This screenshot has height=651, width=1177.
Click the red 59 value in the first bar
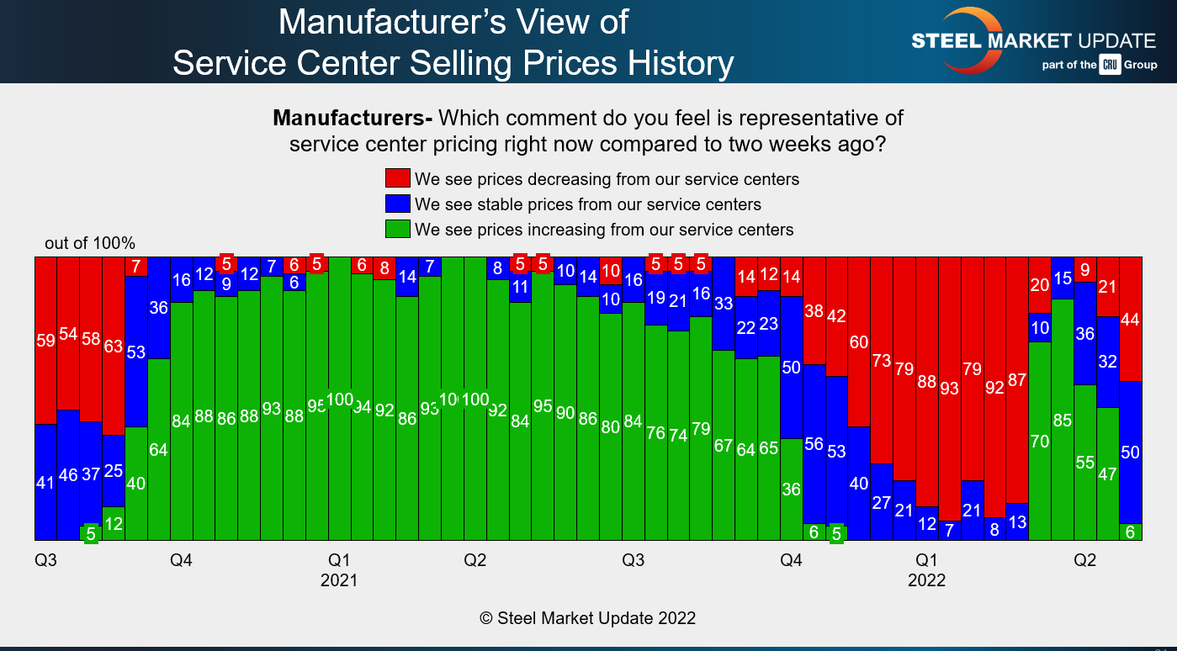[45, 341]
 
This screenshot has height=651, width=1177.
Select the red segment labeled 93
[950, 389]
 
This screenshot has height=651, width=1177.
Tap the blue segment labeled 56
[814, 444]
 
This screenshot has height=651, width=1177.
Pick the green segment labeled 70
[1040, 441]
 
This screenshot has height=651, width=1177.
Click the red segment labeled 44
[1131, 319]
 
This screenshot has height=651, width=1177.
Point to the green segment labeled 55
[1085, 462]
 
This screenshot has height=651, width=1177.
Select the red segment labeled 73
[881, 360]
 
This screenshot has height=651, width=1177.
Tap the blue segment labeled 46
[68, 474]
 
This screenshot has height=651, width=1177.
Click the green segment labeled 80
[610, 426]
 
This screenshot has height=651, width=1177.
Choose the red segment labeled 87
[1017, 379]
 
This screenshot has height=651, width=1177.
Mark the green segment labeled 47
[1108, 474]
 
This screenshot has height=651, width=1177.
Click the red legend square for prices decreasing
[398, 178]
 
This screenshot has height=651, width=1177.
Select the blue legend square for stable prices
[398, 204]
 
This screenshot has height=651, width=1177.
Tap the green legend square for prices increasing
[398, 229]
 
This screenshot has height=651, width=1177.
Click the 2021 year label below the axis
[339, 580]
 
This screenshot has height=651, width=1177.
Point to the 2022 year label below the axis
[926, 580]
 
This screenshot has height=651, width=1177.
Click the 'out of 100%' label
[90, 243]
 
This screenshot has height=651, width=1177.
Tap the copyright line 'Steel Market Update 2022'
[587, 618]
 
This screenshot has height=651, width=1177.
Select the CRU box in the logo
[1110, 65]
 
